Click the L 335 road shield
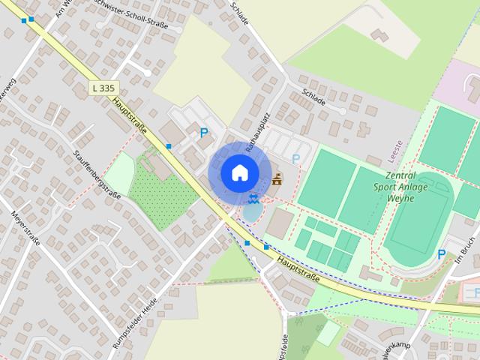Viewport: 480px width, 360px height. [x=103, y=88]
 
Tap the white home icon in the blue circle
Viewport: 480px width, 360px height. [x=239, y=172]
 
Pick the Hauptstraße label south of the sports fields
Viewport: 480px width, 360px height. [x=298, y=269]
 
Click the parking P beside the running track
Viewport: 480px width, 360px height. [x=441, y=255]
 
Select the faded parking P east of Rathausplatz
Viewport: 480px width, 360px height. [x=296, y=159]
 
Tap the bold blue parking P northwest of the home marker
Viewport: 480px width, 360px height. [x=204, y=133]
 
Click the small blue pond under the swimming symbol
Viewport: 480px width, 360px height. [x=252, y=212]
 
